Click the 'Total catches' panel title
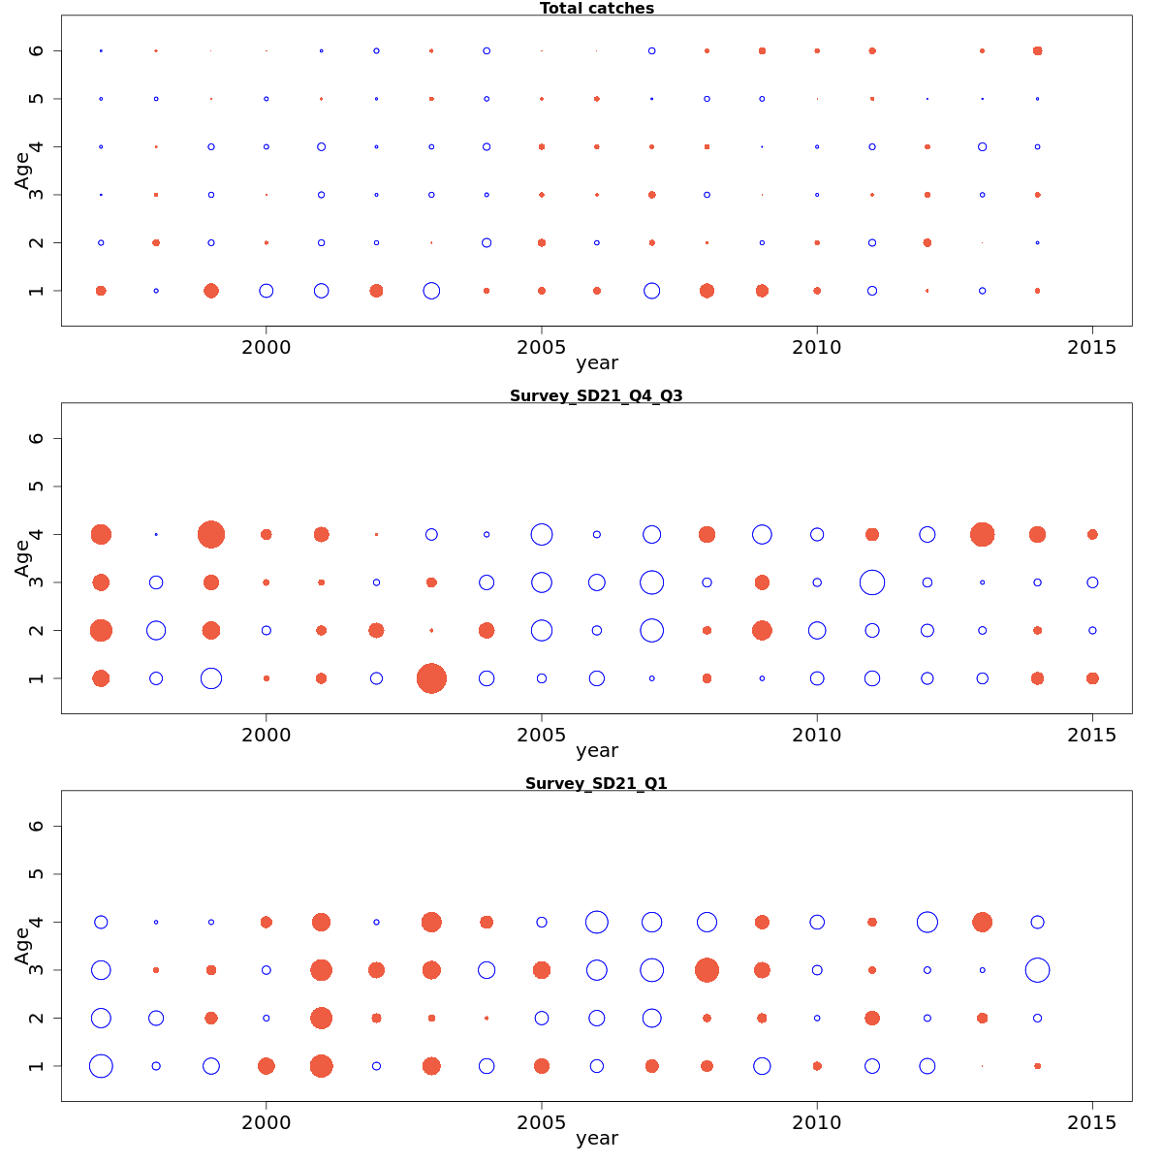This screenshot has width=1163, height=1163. point(596,9)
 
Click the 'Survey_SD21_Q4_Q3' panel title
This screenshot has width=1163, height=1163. point(596,396)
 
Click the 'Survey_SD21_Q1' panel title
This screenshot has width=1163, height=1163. point(596,784)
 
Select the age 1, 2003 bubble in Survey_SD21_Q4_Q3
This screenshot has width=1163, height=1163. point(431,678)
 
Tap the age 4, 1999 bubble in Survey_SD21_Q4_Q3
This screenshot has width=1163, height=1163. point(211,534)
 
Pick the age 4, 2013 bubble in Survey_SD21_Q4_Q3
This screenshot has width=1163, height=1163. point(982,534)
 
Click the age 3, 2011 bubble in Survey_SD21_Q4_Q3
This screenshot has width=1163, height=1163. point(872,582)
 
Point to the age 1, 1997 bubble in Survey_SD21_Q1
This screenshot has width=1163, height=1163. point(101,1066)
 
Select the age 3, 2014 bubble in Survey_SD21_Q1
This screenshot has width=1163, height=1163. point(1037,969)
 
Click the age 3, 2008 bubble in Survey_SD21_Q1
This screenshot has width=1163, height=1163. point(707,969)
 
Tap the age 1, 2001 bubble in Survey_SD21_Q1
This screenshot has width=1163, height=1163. point(321,1066)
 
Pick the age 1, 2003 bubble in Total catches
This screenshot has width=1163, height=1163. point(431,291)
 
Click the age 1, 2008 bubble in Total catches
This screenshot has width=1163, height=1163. point(707,291)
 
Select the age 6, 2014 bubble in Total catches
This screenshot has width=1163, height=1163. point(1037,50)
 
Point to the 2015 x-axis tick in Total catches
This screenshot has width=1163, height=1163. point(1092,347)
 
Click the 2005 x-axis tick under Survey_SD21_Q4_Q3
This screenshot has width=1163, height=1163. point(542,735)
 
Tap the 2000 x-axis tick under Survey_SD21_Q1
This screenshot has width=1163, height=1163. point(267,1122)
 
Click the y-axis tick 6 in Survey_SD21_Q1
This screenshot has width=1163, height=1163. point(37,826)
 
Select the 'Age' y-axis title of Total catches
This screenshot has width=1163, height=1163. point(22,171)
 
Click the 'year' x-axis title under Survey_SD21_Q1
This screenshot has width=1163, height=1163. point(596,1139)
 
